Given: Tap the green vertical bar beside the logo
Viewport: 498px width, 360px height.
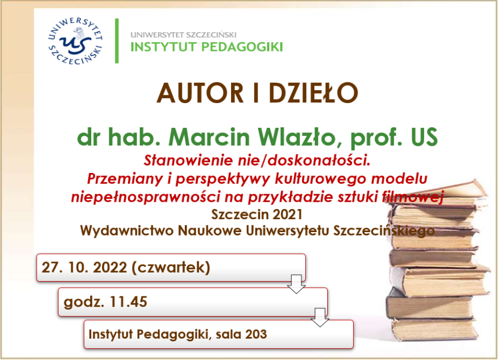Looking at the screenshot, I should [x=117, y=41].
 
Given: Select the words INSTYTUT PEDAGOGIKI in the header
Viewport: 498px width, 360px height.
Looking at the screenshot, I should [x=206, y=46].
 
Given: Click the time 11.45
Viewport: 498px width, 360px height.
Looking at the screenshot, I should [x=129, y=301].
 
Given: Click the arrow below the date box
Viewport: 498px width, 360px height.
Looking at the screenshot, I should [x=296, y=284].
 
